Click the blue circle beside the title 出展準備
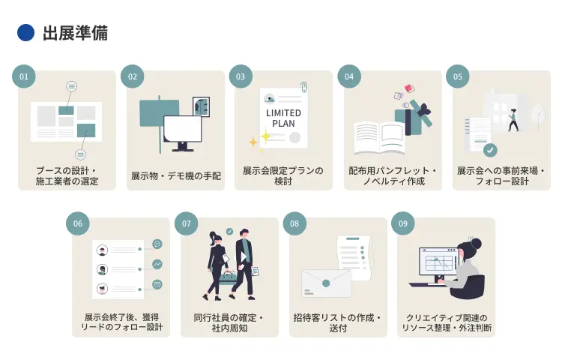pos(25,32)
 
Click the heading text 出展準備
pos(75,33)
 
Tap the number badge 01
pos(24,76)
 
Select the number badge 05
pos(458,76)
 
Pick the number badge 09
pos(403,223)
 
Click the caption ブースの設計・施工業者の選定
pos(67,175)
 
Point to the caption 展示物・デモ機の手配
pos(175,175)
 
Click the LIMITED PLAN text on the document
pos(283,118)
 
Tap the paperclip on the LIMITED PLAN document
pos(303,88)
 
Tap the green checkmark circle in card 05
pos(490,150)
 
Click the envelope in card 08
pos(326,283)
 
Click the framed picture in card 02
pos(201,106)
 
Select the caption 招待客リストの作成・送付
pos(338,322)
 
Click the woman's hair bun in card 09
pos(475,243)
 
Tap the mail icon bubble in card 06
pos(157,284)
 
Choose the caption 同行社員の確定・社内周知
pos(229,322)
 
